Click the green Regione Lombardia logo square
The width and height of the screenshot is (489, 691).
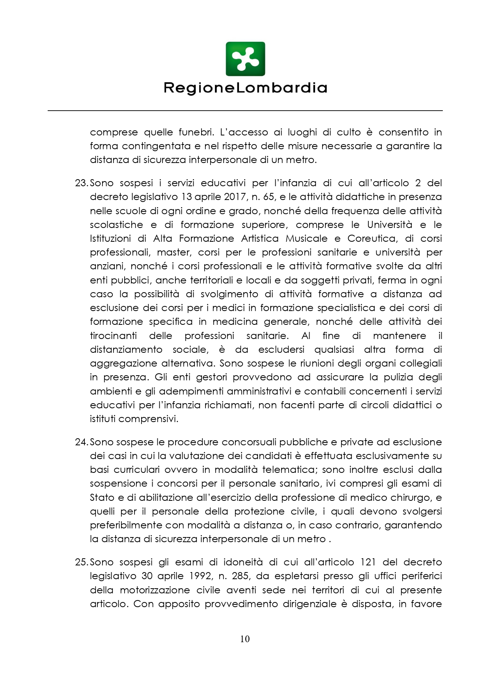pos(245,59)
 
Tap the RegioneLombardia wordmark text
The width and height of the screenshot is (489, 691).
pos(245,88)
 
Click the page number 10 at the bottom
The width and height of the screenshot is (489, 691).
pos(244,639)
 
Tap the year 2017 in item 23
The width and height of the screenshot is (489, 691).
pos(235,197)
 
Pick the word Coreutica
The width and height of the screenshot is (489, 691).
pos(372,239)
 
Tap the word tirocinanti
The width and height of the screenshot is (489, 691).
pos(113,336)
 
